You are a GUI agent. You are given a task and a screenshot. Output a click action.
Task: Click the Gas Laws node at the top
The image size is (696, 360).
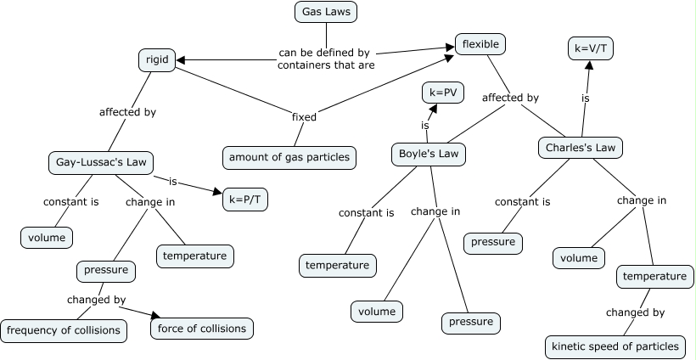point(326,12)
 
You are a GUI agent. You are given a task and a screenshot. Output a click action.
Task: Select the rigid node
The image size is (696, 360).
point(155,59)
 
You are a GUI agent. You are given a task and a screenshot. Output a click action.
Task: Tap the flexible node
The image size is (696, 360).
point(480,43)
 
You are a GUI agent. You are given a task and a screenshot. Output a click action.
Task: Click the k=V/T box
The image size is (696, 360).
point(590,49)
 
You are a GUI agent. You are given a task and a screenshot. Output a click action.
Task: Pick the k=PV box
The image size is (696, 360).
point(443,92)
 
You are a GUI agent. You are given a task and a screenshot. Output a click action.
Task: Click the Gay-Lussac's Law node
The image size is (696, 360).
point(105,161)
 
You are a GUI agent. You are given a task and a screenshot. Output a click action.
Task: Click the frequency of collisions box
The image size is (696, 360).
point(64,329)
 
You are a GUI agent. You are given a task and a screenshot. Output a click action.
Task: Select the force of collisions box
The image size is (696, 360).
point(201,328)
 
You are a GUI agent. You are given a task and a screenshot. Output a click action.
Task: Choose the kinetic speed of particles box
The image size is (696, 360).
point(615,346)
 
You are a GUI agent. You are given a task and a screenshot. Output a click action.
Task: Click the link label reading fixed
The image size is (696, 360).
point(304,117)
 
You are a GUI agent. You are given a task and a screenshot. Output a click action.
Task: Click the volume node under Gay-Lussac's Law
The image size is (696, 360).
point(47,238)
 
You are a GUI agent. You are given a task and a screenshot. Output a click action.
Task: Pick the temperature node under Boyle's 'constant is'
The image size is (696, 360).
point(337,265)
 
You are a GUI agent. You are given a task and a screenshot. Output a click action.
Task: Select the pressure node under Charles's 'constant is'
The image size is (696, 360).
point(493,242)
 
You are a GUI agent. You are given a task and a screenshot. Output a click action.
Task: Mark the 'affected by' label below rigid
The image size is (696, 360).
point(127,111)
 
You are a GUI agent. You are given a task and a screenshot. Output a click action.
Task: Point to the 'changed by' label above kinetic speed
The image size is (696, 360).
point(635,312)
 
